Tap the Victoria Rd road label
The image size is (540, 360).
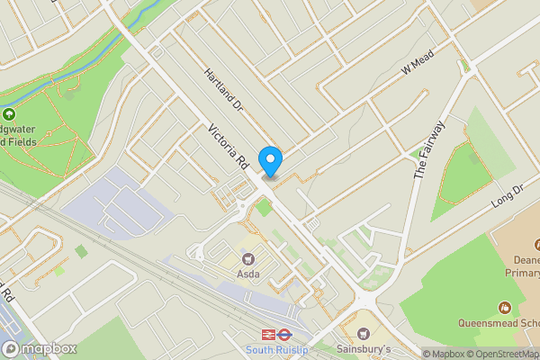coord(228,148)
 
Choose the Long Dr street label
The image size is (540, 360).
coord(508,198)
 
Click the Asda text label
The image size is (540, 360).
coord(247,274)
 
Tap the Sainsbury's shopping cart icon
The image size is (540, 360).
coord(364,332)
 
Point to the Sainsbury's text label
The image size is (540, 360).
coord(364,348)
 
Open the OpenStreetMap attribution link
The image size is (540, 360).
coord(502,354)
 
